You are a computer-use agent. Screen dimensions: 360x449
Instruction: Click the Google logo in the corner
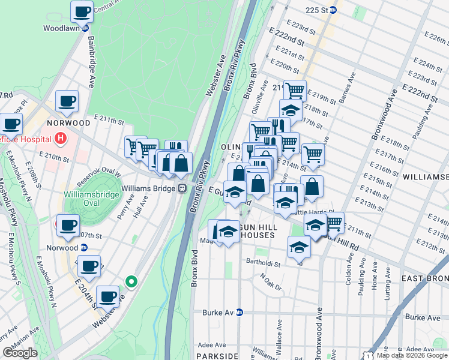[20, 353]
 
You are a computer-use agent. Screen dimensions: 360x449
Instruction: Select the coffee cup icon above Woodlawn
[82, 11]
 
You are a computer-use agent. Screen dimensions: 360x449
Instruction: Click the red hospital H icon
[59, 139]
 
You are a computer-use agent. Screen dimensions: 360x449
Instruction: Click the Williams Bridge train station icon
[180, 188]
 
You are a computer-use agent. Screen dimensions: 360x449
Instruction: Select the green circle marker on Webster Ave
[131, 281]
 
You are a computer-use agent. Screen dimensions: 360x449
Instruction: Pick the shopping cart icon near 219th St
[295, 91]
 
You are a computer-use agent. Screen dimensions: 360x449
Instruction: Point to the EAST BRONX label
[424, 278]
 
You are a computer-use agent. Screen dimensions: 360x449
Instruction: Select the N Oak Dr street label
[271, 282]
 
